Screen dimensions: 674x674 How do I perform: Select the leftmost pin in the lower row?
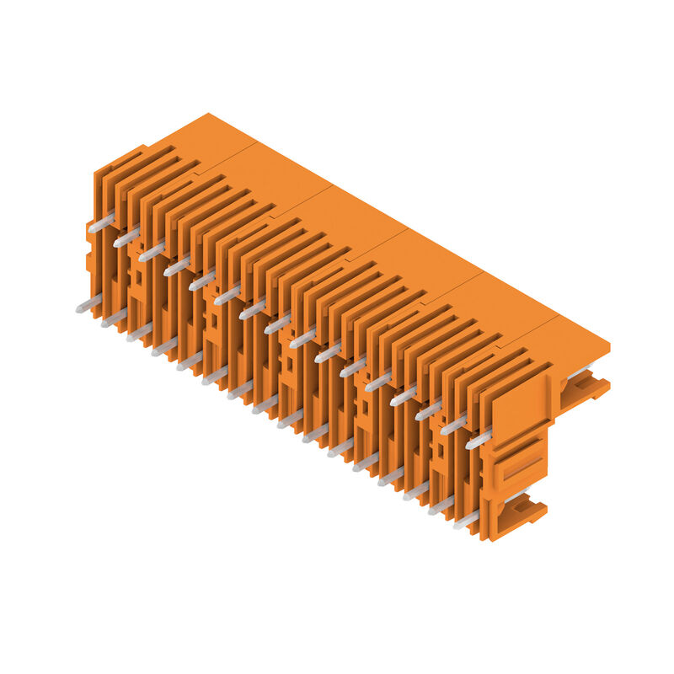pyautogui.click(x=88, y=304)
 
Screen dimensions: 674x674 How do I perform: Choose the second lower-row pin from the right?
pyautogui.click(x=441, y=505)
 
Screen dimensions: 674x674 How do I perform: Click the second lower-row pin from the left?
pyautogui.click(x=113, y=318)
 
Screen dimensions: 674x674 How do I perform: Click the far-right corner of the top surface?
pyautogui.click(x=609, y=345)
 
